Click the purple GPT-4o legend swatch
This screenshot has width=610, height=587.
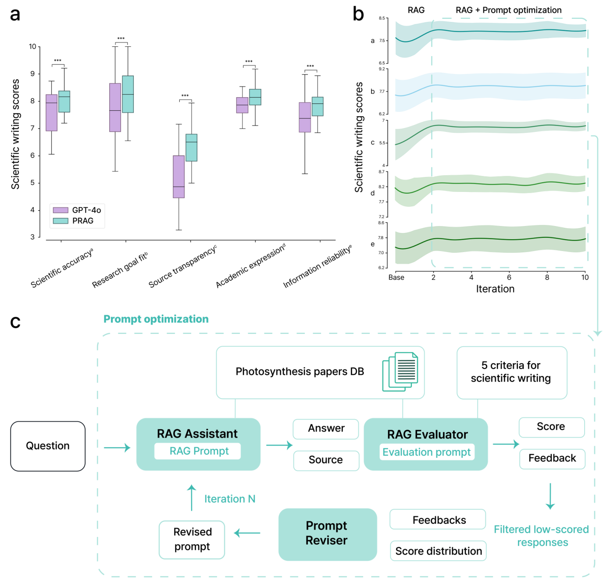point(61,210)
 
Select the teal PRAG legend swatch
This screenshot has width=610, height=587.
point(61,221)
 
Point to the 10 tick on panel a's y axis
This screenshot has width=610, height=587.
point(32,47)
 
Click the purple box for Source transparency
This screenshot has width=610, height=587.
point(178,177)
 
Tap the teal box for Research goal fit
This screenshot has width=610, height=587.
point(128,94)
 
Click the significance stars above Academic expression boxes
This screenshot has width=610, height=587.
point(249,62)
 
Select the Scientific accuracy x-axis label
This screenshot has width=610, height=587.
point(62,268)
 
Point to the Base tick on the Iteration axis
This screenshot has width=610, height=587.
point(396,277)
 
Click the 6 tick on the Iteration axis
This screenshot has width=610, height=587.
point(509,277)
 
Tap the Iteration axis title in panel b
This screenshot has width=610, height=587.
point(495,289)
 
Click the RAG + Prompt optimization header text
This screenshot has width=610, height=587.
point(508,10)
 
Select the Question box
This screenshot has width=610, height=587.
point(48,446)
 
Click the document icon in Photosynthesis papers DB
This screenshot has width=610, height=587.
point(400,371)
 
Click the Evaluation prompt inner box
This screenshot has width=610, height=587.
point(427,452)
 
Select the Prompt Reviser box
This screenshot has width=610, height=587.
point(327,534)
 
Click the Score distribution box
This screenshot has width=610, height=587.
point(438,551)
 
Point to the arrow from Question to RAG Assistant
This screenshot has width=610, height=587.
point(117,447)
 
